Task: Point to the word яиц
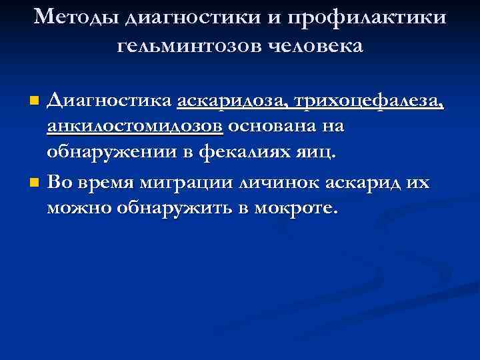[316, 152]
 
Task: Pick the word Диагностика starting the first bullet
[109, 101]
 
